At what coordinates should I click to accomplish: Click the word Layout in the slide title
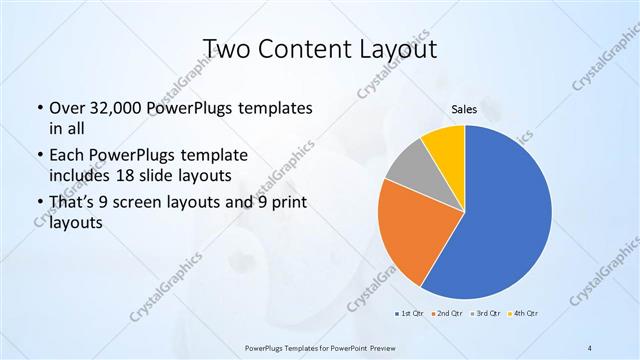click(400, 48)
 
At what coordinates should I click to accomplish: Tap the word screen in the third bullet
click(147, 203)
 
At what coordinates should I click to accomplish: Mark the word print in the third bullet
click(273, 203)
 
